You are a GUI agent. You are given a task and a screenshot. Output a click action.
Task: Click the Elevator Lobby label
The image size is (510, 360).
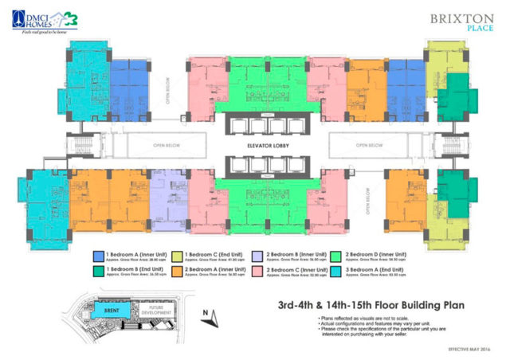(254, 147)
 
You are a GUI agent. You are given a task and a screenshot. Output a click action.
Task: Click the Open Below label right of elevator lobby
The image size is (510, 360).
(371, 147)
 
